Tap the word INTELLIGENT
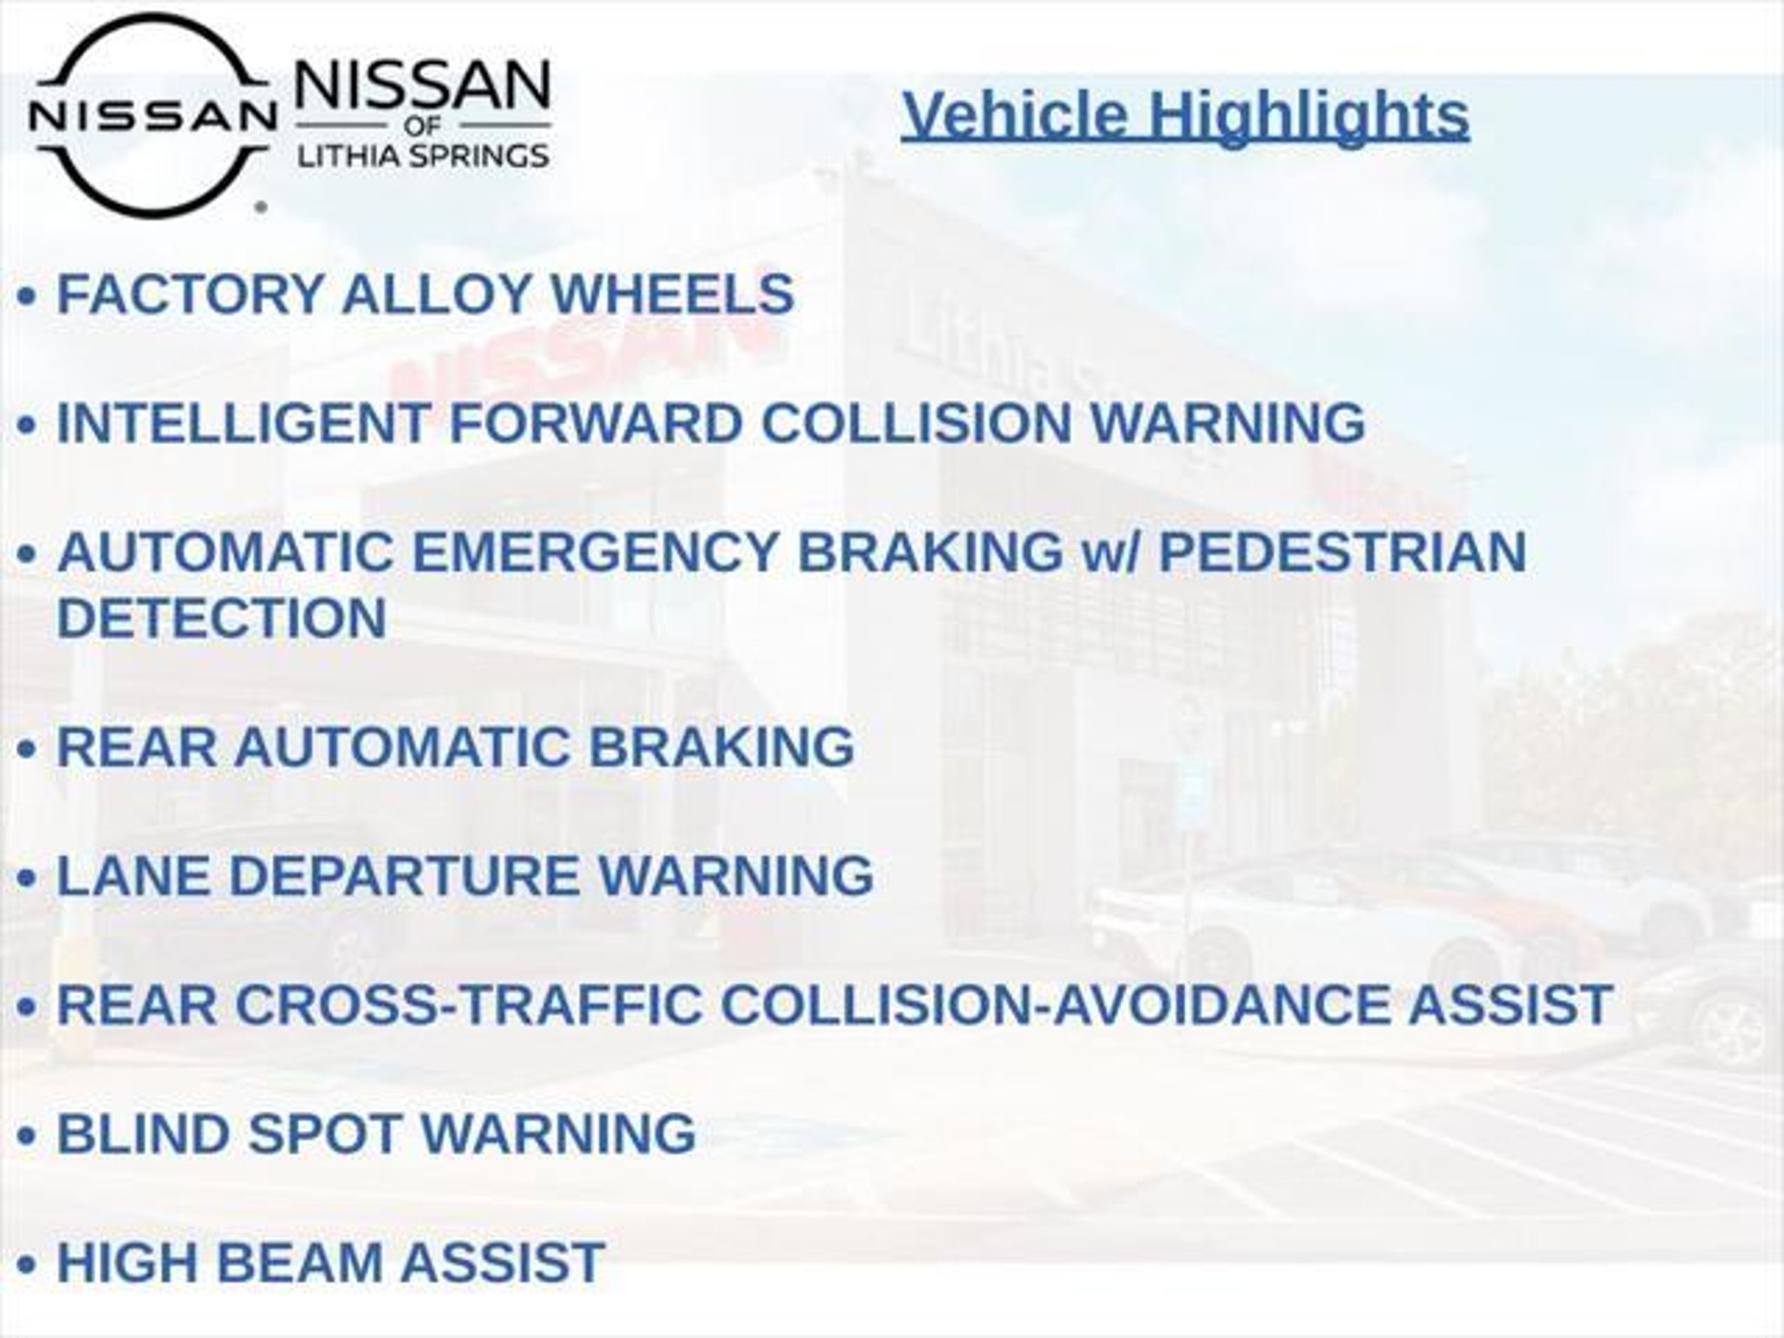tap(244, 423)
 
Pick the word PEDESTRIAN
tap(1342, 552)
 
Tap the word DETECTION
tap(222, 618)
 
